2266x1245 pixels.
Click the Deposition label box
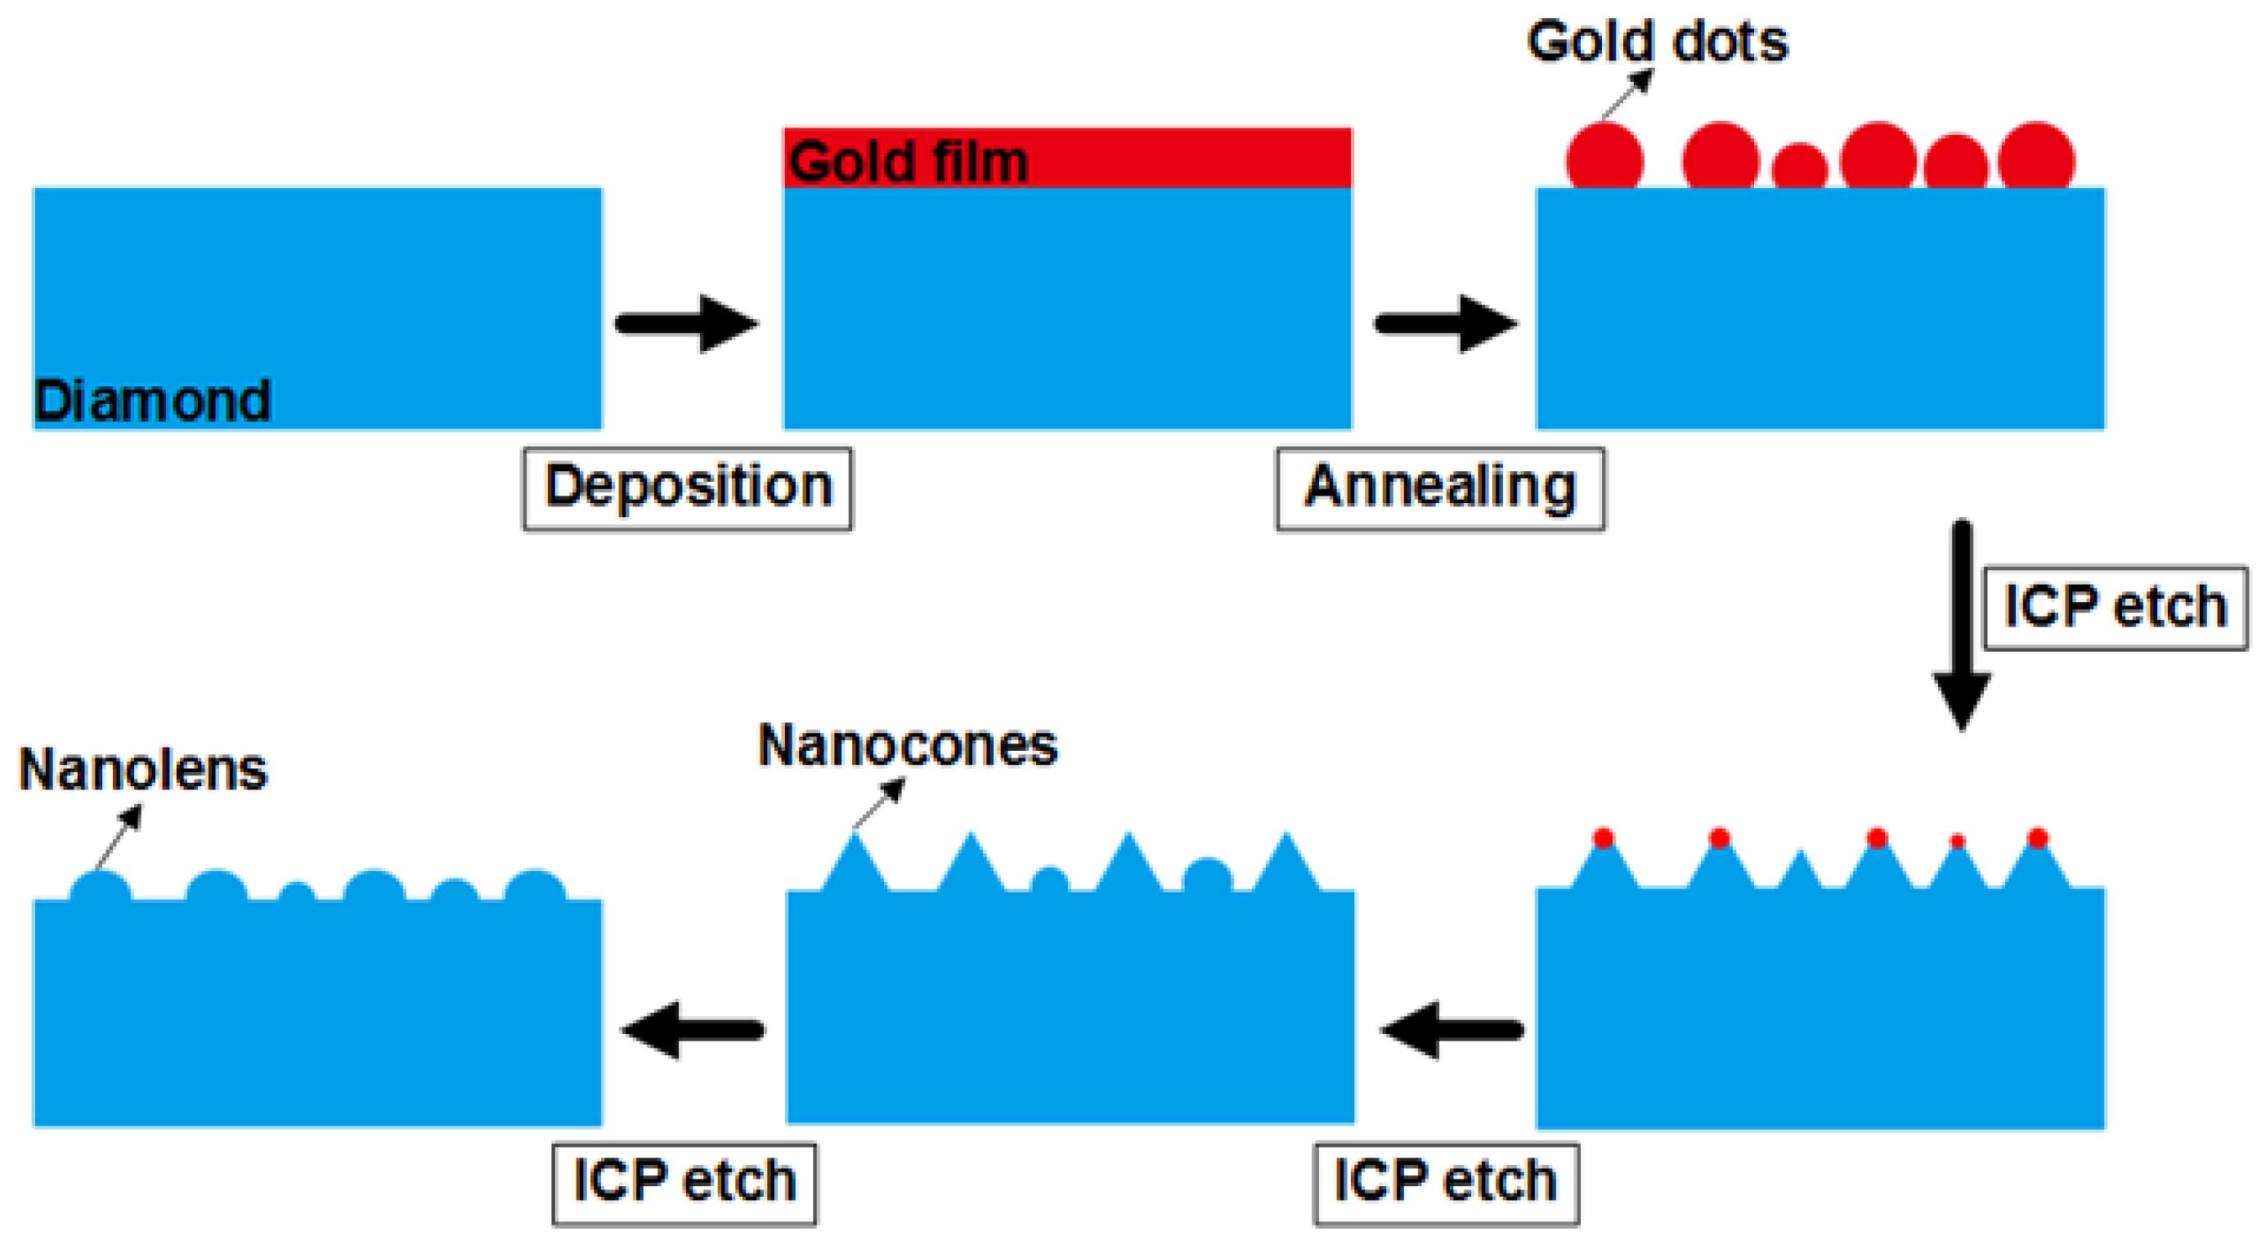pyautogui.click(x=688, y=488)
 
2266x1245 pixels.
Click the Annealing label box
pyautogui.click(x=1440, y=488)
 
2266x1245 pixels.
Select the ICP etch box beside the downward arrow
pyautogui.click(x=2115, y=607)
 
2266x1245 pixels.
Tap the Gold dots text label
pyautogui.click(x=1658, y=42)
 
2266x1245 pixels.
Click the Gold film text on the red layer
pyautogui.click(x=908, y=162)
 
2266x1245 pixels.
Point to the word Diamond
pyautogui.click(x=152, y=401)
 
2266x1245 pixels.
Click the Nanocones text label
pyautogui.click(x=908, y=746)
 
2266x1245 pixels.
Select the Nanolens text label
pyautogui.click(x=142, y=770)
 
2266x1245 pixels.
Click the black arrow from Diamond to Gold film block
pyautogui.click(x=686, y=324)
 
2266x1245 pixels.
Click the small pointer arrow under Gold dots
pyautogui.click(x=1627, y=93)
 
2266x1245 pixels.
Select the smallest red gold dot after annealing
pyautogui.click(x=1800, y=167)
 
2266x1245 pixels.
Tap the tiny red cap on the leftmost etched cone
pyautogui.click(x=1603, y=838)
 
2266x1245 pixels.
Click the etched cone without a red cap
pyautogui.click(x=1800, y=871)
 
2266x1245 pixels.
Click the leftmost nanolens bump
pyautogui.click(x=101, y=887)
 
